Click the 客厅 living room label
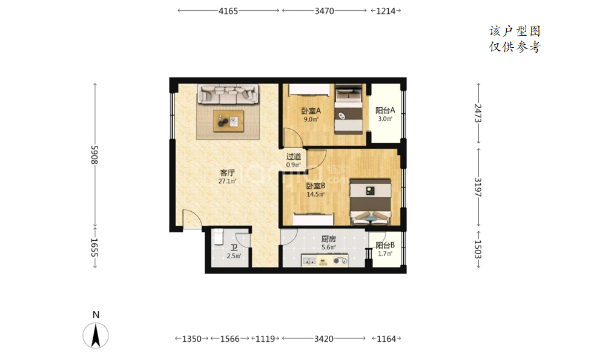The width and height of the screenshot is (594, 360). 227,173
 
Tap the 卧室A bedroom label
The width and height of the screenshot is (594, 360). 311,111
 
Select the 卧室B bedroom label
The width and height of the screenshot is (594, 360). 315,186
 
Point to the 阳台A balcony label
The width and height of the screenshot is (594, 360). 385,110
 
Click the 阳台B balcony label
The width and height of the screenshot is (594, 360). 385,245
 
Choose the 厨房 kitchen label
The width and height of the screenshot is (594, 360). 328,239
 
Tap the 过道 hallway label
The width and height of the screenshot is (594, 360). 294,156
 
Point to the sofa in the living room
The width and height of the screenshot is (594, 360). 228,94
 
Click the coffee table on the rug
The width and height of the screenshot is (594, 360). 228,121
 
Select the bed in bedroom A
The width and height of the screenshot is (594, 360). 349,110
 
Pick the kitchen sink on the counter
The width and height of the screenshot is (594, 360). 310,261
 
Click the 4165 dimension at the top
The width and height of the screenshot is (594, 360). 228,11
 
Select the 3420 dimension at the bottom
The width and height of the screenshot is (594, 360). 324,339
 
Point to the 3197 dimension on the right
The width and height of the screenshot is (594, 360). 478,187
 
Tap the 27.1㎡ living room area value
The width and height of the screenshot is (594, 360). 227,182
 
